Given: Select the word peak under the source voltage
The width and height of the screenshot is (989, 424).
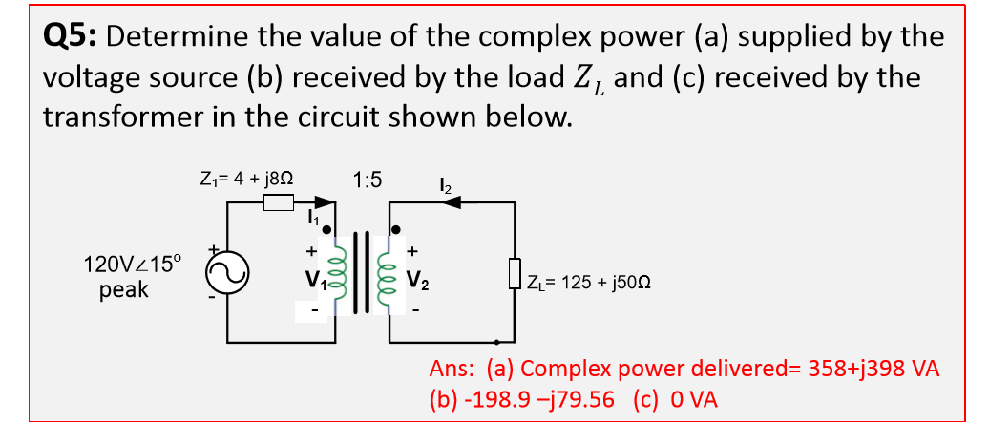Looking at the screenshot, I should (124, 289).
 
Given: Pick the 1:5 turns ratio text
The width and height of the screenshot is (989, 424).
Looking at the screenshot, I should (367, 179).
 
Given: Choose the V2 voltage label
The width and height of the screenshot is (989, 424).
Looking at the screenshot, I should (417, 282).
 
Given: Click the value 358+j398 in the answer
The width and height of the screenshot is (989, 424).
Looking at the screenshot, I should (836, 370).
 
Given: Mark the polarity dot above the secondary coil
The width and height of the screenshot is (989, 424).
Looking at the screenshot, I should (396, 230).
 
